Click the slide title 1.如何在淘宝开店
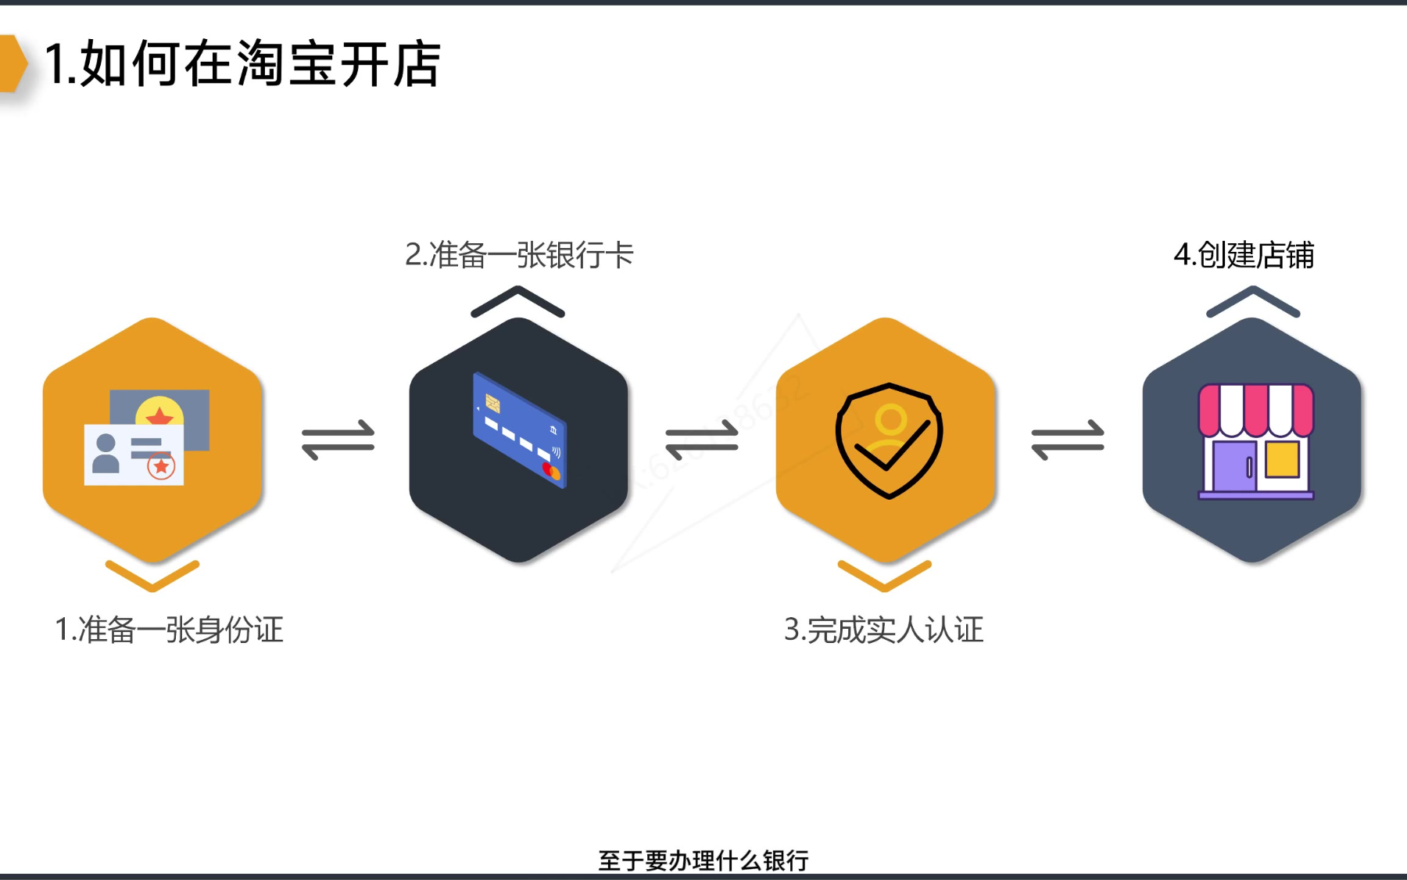[242, 64]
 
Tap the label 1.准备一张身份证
[169, 630]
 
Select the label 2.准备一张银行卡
[519, 255]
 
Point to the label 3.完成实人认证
[883, 630]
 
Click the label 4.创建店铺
[1244, 255]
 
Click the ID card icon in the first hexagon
[147, 438]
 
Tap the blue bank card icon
[519, 430]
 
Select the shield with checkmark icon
[889, 440]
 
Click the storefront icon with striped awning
[1256, 441]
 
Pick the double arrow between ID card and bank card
[338, 440]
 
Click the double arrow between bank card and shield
[702, 440]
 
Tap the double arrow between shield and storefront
[1068, 440]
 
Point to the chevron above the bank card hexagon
[517, 301]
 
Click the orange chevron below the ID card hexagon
[152, 576]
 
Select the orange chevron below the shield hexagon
[885, 576]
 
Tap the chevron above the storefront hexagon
[1253, 301]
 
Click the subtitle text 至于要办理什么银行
[703, 860]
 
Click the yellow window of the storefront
[1282, 459]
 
